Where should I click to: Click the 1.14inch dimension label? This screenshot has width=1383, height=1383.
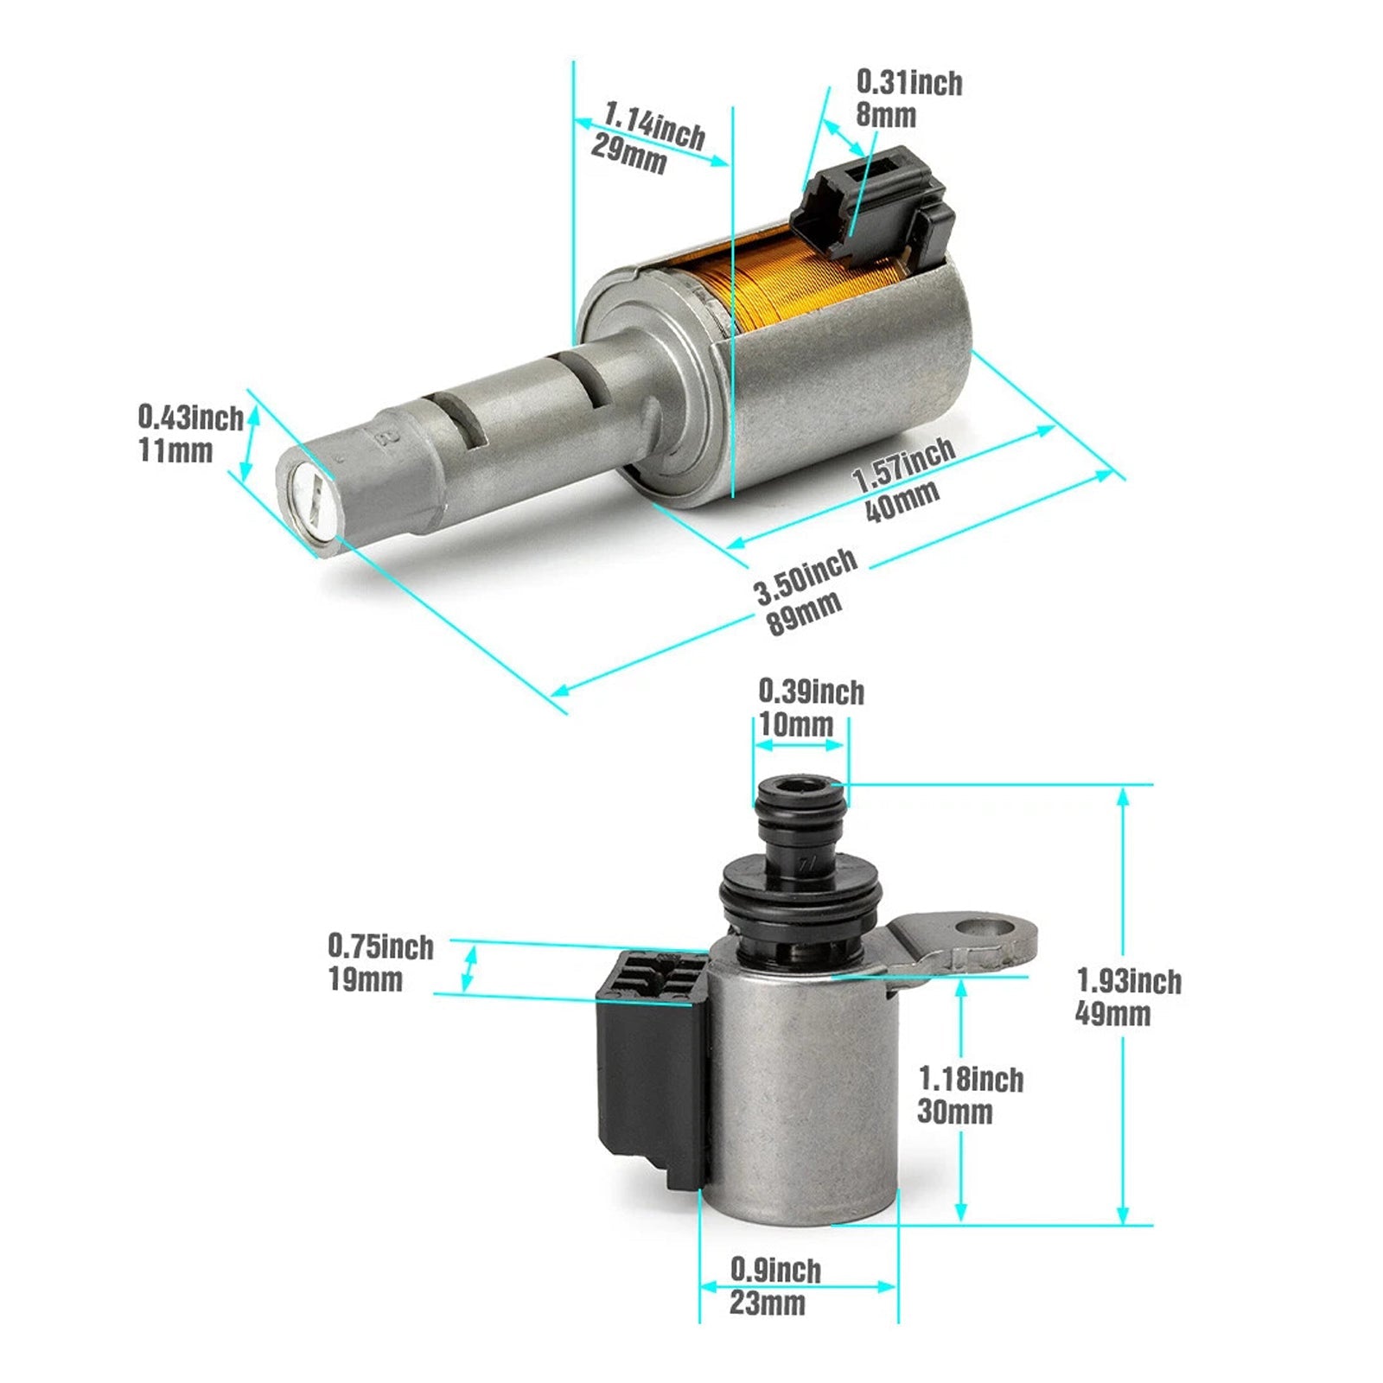coord(654,124)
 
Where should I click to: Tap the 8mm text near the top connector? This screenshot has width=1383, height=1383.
coord(885,115)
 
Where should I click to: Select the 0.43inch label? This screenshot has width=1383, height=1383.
coord(190,418)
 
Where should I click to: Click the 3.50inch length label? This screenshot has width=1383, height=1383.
coord(806,577)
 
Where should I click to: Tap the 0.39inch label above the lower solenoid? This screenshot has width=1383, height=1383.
coord(811,691)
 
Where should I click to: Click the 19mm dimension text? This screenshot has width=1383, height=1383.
coord(365,980)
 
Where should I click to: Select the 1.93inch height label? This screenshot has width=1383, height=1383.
coord(1128,981)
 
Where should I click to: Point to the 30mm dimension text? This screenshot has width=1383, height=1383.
coord(954,1112)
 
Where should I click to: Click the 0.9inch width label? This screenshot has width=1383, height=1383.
coord(775,1270)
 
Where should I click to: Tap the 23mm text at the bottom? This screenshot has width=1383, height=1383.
coord(767,1303)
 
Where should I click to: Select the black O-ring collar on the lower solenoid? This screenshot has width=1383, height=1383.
coord(800,899)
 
